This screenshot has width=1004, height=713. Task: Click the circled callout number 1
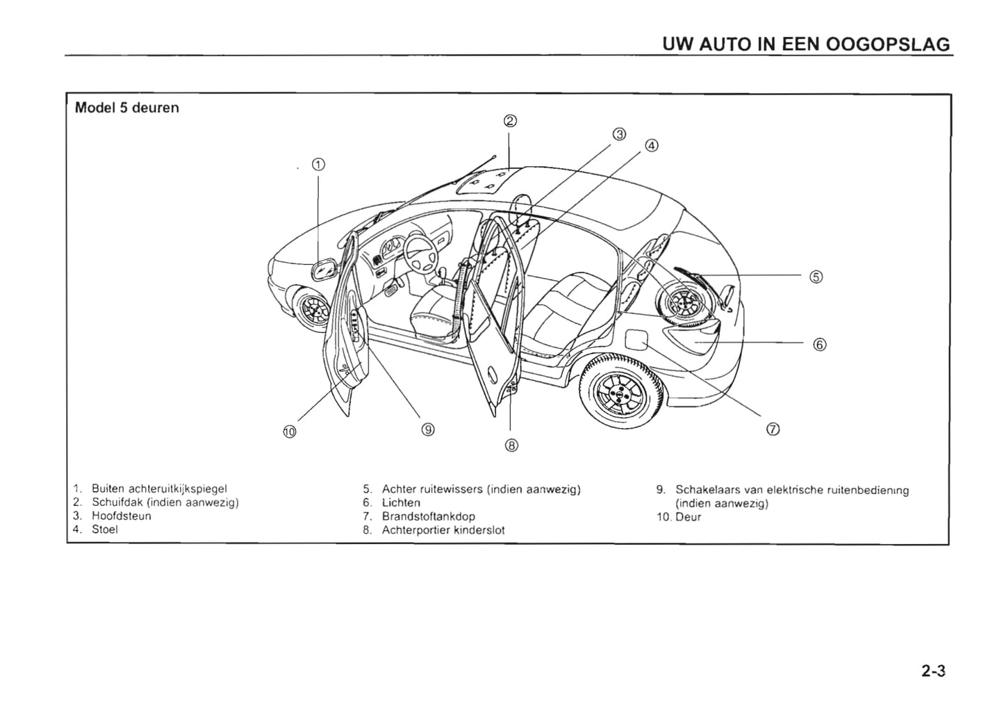(x=318, y=165)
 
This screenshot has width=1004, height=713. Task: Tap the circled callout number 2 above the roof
(x=509, y=121)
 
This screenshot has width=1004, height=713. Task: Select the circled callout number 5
(x=816, y=277)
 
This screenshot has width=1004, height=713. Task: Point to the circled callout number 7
(x=773, y=429)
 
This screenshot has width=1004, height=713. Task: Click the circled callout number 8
(x=511, y=445)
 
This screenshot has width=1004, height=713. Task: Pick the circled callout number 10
(x=290, y=432)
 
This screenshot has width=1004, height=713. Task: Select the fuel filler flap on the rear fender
(x=637, y=341)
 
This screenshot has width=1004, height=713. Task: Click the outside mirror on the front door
(x=324, y=269)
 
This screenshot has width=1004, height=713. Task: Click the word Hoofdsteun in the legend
(x=122, y=516)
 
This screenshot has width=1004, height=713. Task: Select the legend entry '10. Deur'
(x=679, y=517)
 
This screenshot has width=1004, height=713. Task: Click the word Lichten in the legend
(x=401, y=502)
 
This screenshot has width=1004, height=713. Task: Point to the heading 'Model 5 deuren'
(x=127, y=108)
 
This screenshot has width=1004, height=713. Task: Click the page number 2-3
(x=934, y=671)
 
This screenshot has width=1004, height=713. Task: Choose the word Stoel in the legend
(x=105, y=529)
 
